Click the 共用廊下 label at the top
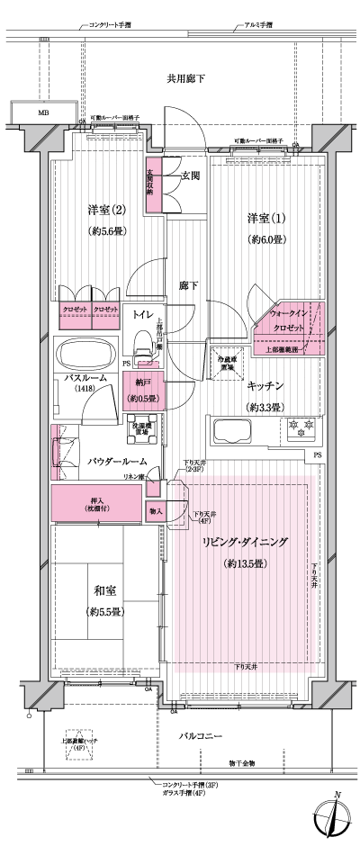(x=185, y=79)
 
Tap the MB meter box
(x=42, y=112)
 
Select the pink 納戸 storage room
(x=140, y=391)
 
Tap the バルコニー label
(x=199, y=736)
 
